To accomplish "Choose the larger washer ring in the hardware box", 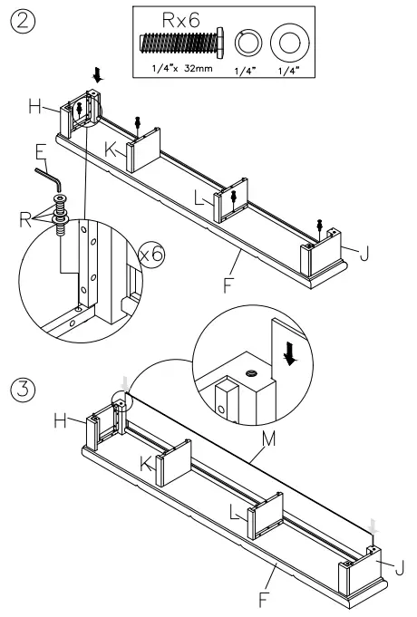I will coord(290,43).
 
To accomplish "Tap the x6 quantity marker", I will coord(152,256).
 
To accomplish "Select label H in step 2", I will coord(34,108).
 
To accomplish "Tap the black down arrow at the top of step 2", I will coord(98,80).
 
